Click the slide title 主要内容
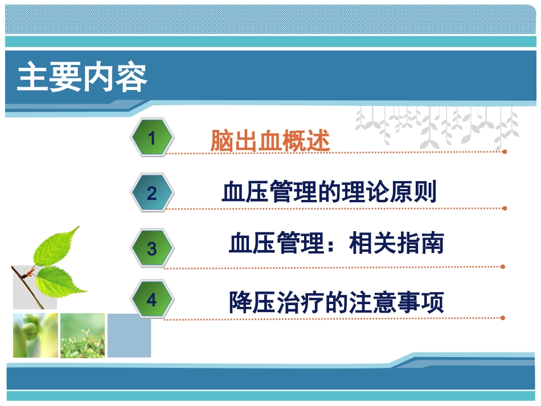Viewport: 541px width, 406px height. click(82, 78)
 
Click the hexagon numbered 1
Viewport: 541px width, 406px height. click(151, 137)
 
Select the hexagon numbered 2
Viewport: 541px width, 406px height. click(151, 194)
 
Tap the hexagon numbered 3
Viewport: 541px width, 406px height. click(151, 249)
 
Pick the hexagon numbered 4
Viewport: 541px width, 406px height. click(151, 300)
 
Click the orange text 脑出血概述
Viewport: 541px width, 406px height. click(270, 140)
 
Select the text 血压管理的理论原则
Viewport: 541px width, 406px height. click(329, 192)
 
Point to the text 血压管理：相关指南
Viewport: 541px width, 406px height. click(336, 244)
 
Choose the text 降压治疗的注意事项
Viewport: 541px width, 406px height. click(336, 302)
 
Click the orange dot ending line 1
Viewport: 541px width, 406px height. click(505, 151)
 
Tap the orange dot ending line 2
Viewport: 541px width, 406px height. click(505, 208)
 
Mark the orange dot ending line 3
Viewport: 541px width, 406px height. click(503, 266)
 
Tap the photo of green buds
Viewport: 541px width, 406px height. click(35, 335)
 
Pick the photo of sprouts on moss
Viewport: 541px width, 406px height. click(83, 335)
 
